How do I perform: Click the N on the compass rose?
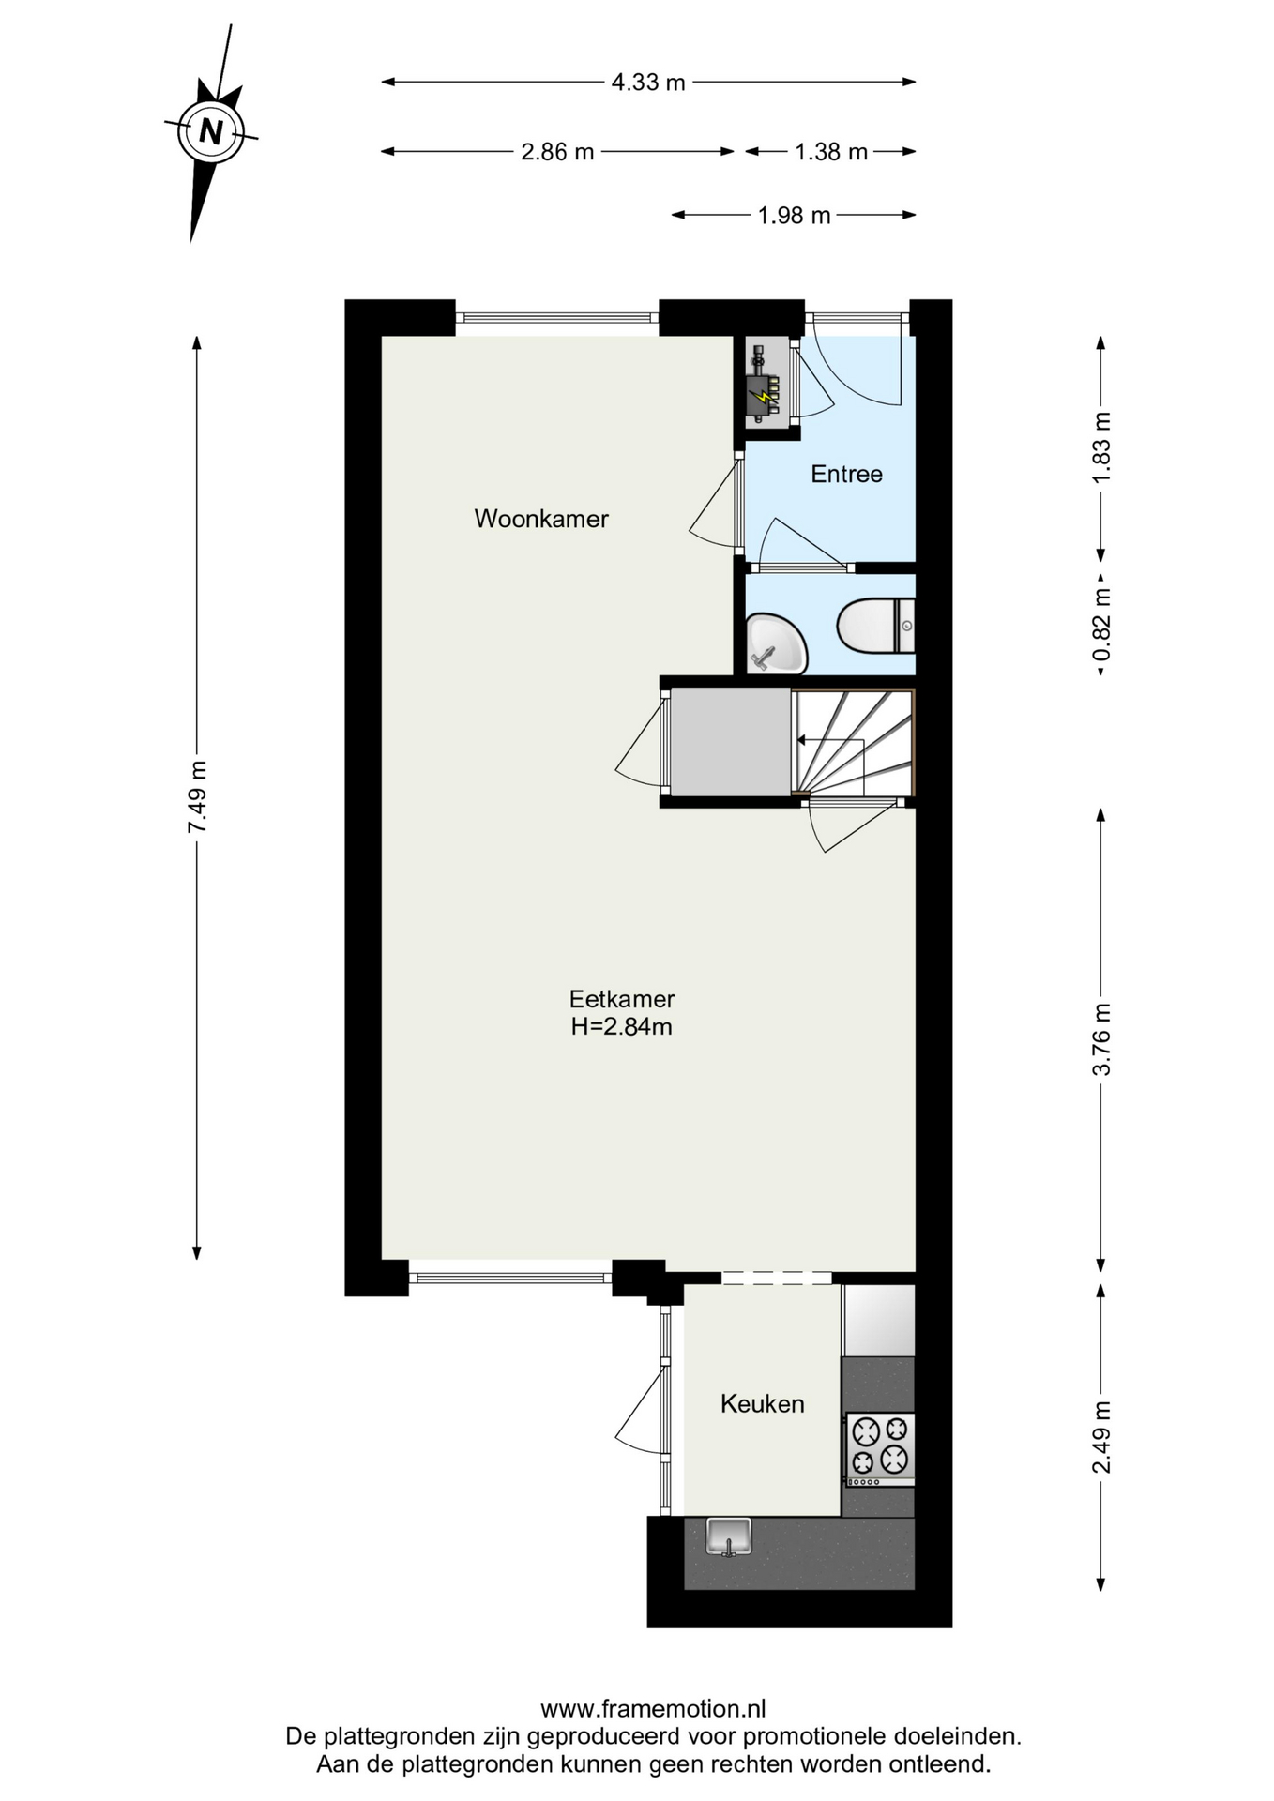click(211, 131)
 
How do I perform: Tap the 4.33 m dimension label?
click(648, 83)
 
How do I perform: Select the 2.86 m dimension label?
click(557, 152)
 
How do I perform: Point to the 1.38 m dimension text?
click(831, 152)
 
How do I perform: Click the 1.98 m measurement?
click(794, 216)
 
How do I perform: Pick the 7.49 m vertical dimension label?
click(197, 796)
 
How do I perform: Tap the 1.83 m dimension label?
click(1101, 447)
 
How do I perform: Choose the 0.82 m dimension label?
click(1101, 624)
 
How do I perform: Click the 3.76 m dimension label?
click(1101, 1039)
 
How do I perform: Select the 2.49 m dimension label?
click(1101, 1437)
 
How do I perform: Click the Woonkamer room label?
click(541, 519)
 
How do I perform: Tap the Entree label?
click(846, 475)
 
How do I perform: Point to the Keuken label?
click(763, 1404)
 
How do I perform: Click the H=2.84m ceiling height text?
click(622, 1027)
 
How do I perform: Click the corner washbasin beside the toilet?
click(776, 643)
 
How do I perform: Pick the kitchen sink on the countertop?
click(729, 1536)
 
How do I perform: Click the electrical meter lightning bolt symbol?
click(767, 398)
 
